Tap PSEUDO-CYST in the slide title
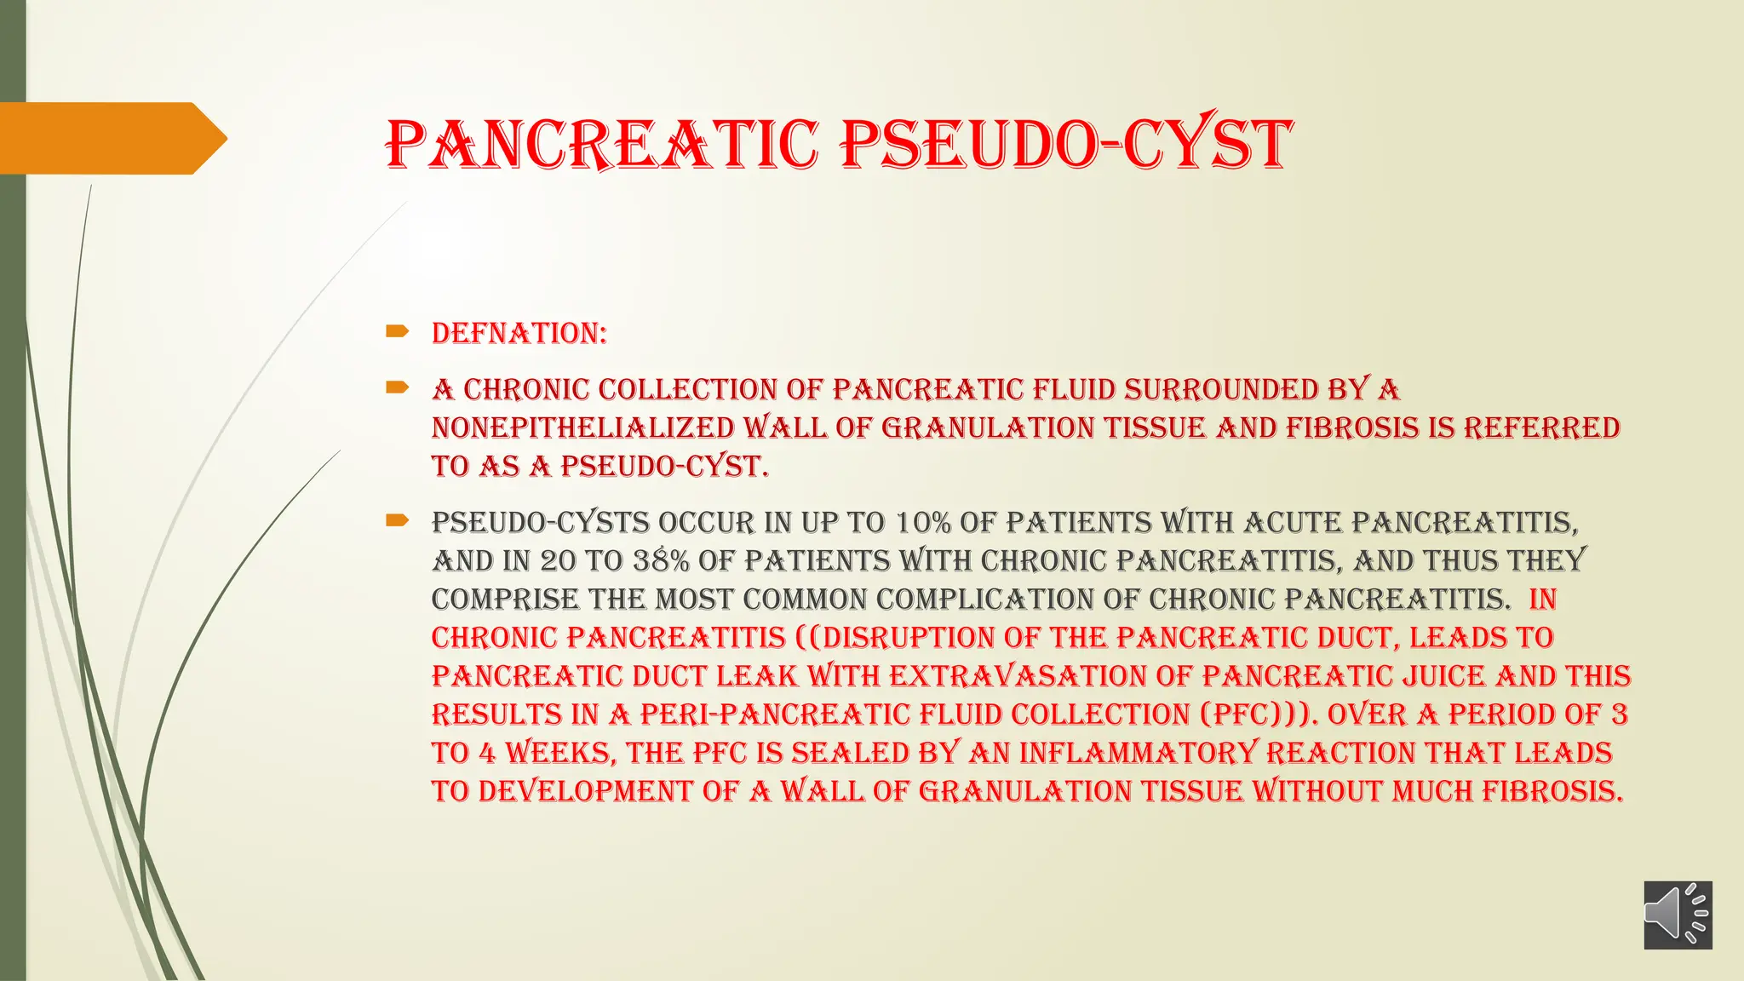(1065, 144)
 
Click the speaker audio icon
(1677, 915)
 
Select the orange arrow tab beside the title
(111, 138)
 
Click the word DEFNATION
(517, 333)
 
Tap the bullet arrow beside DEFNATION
(397, 331)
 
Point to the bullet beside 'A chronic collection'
(397, 387)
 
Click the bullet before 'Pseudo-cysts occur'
(397, 520)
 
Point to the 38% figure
(661, 560)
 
